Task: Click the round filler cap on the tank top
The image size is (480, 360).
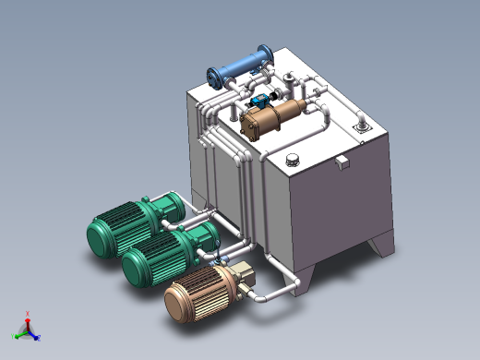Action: (x=294, y=158)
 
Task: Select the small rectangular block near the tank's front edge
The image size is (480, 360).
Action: (x=342, y=162)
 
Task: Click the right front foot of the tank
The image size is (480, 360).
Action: (x=380, y=247)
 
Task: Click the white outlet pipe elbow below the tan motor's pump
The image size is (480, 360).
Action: (x=258, y=298)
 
